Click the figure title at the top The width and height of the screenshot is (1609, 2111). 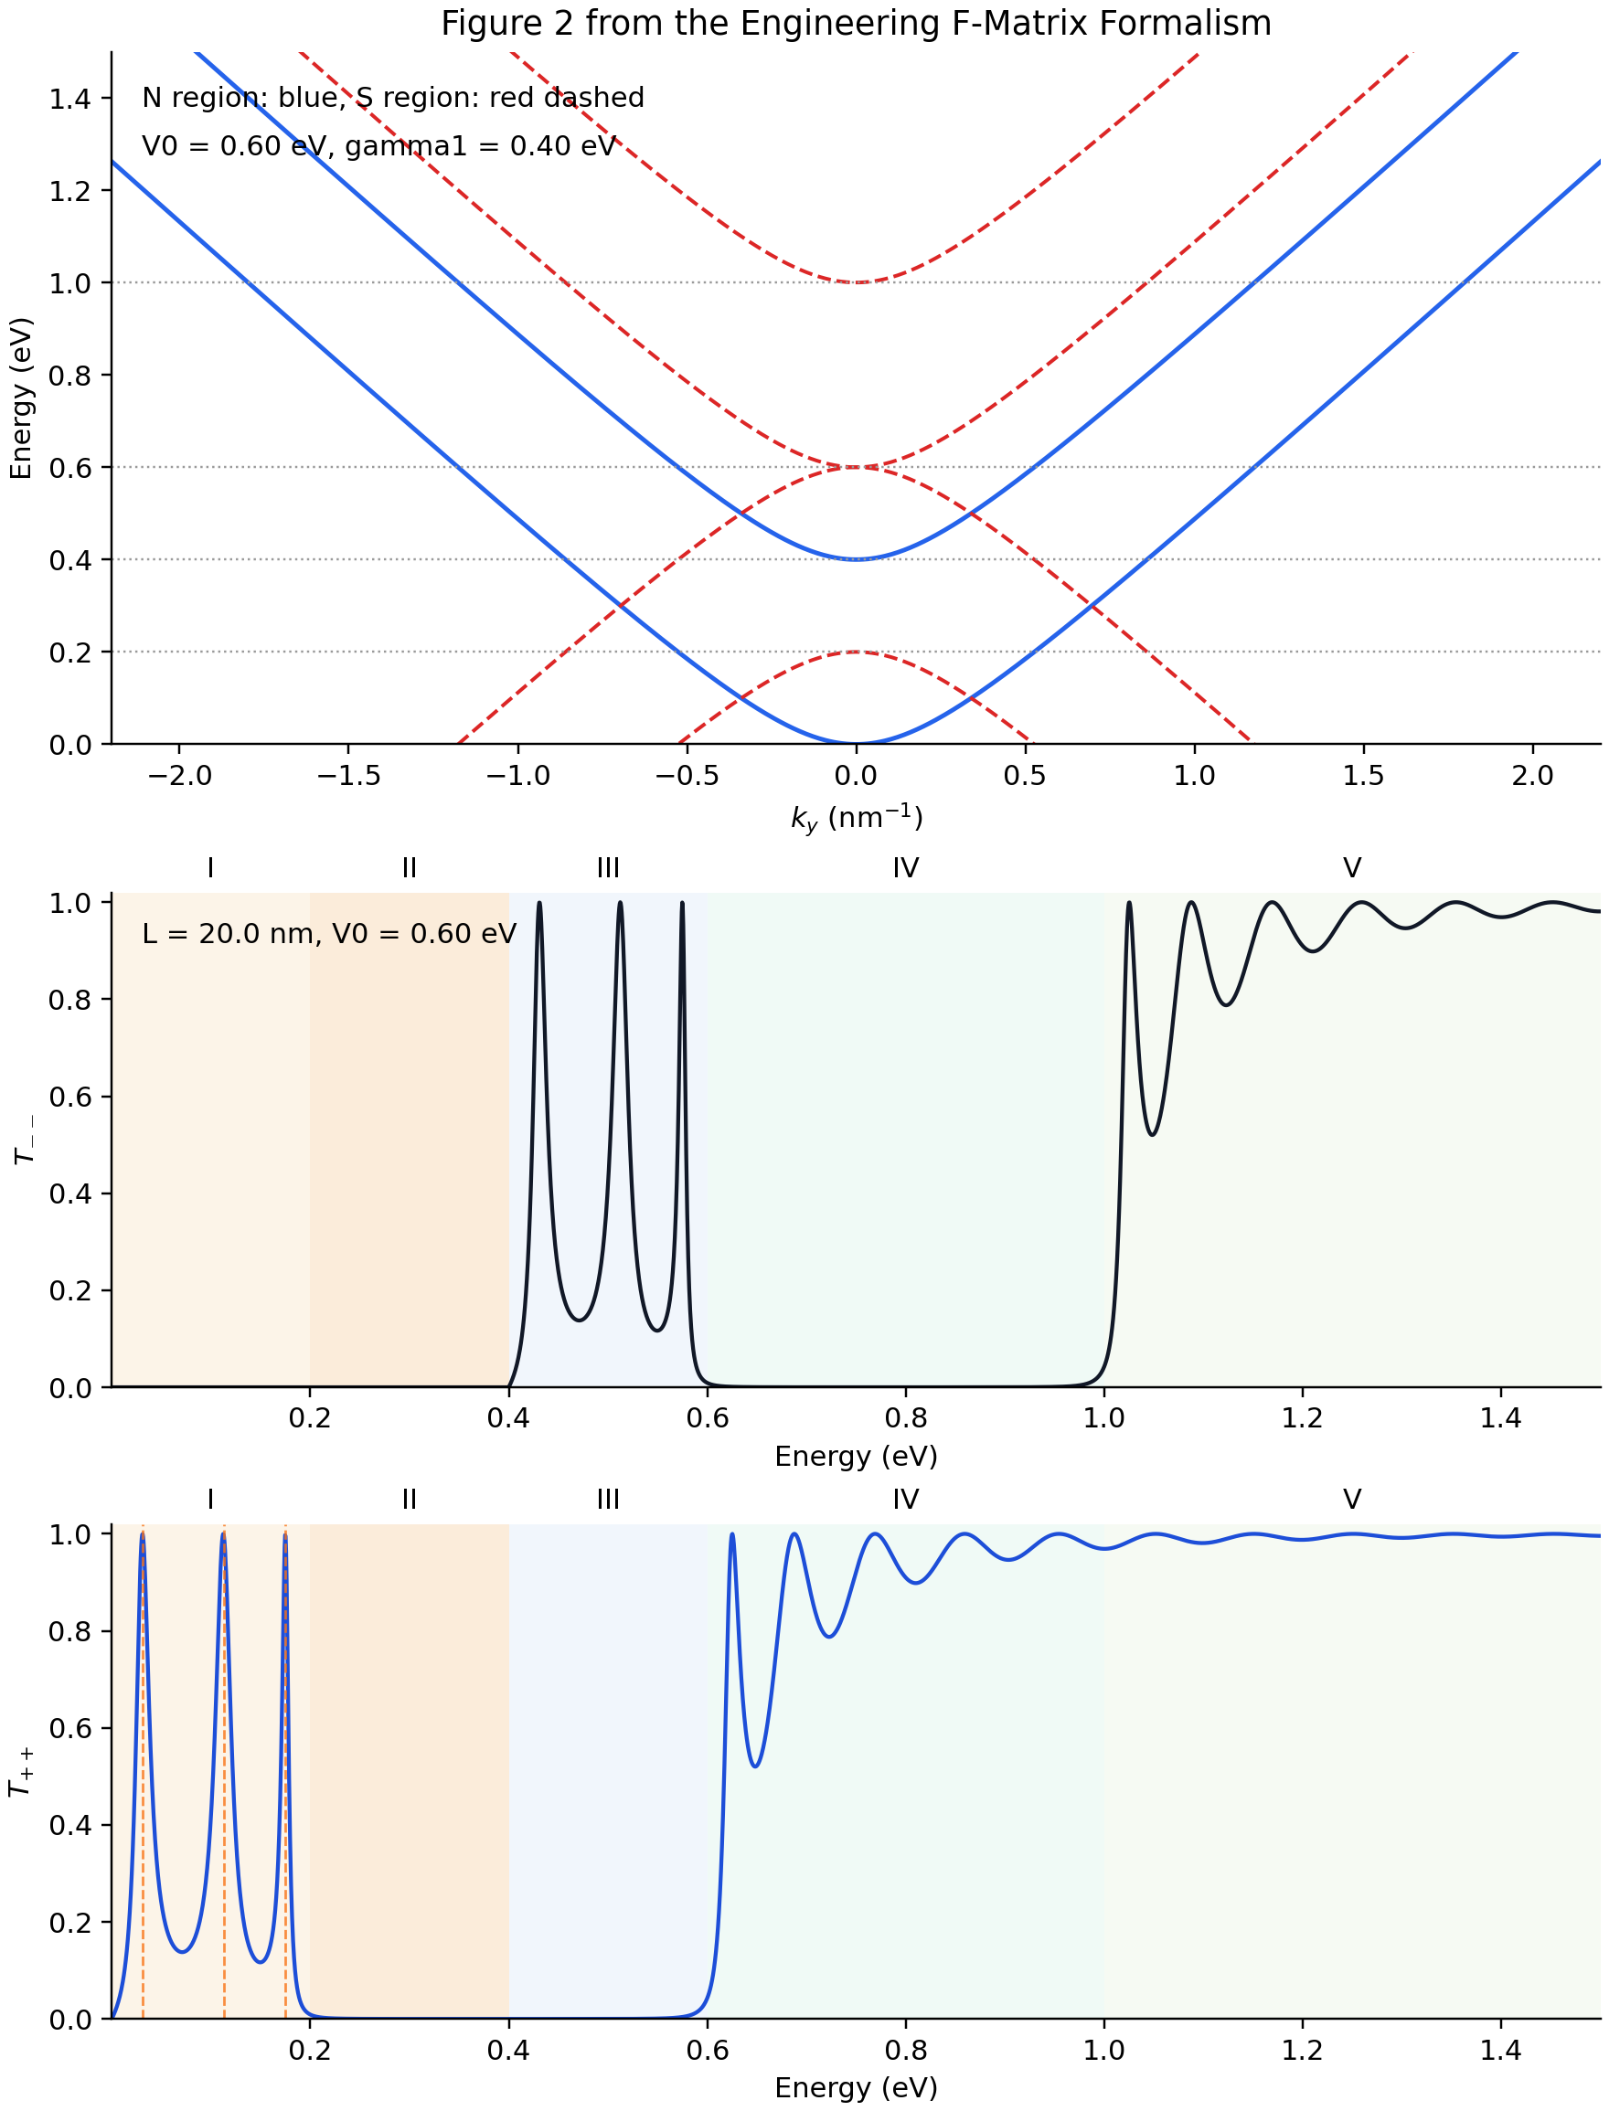(856, 23)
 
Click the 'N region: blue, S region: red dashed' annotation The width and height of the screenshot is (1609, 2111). (393, 98)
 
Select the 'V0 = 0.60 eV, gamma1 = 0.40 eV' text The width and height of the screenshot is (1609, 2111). (379, 146)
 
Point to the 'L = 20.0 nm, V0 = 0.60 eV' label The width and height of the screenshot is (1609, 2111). (328, 933)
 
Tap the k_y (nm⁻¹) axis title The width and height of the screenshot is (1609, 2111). (856, 819)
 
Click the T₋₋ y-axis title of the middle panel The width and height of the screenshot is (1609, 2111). (24, 1140)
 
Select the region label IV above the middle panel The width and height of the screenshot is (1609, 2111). (905, 868)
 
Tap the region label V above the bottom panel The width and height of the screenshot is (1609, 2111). (1351, 1500)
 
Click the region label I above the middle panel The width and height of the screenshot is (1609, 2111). (209, 868)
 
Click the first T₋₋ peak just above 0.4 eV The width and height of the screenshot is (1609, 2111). (540, 904)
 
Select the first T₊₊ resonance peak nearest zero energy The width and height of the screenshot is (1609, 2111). (143, 1534)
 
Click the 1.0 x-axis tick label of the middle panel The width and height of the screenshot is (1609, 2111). (1103, 1418)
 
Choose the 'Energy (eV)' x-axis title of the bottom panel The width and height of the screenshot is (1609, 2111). (856, 2087)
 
